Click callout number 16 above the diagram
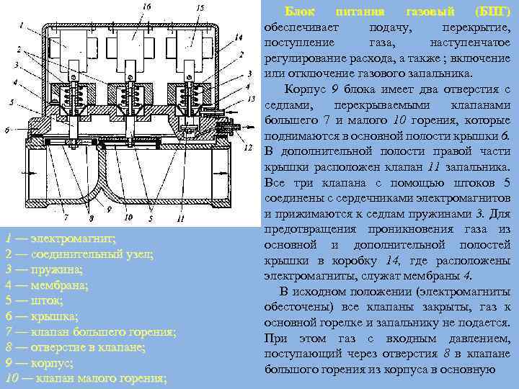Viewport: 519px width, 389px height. (146, 6)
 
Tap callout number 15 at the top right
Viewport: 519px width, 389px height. (200, 7)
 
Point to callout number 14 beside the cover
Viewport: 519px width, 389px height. (239, 37)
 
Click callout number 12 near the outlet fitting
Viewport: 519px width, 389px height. (247, 148)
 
